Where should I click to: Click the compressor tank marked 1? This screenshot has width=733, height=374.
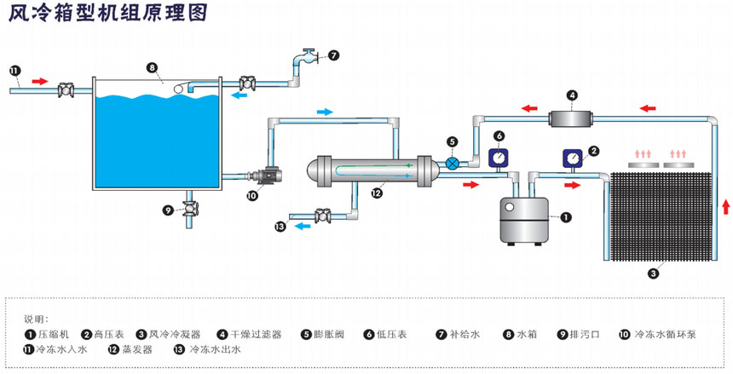click(x=522, y=220)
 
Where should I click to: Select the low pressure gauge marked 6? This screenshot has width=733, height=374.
click(x=499, y=156)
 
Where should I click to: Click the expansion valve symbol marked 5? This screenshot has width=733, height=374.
click(x=453, y=163)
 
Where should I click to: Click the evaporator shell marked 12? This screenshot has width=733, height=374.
click(x=375, y=169)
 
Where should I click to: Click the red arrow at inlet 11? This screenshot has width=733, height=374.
click(x=40, y=81)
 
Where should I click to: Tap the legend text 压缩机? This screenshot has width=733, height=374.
click(x=53, y=334)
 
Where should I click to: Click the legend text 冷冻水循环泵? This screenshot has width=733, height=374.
click(x=665, y=334)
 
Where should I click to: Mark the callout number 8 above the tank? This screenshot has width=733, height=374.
click(x=151, y=67)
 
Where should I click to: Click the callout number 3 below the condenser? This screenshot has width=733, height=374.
click(x=653, y=273)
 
